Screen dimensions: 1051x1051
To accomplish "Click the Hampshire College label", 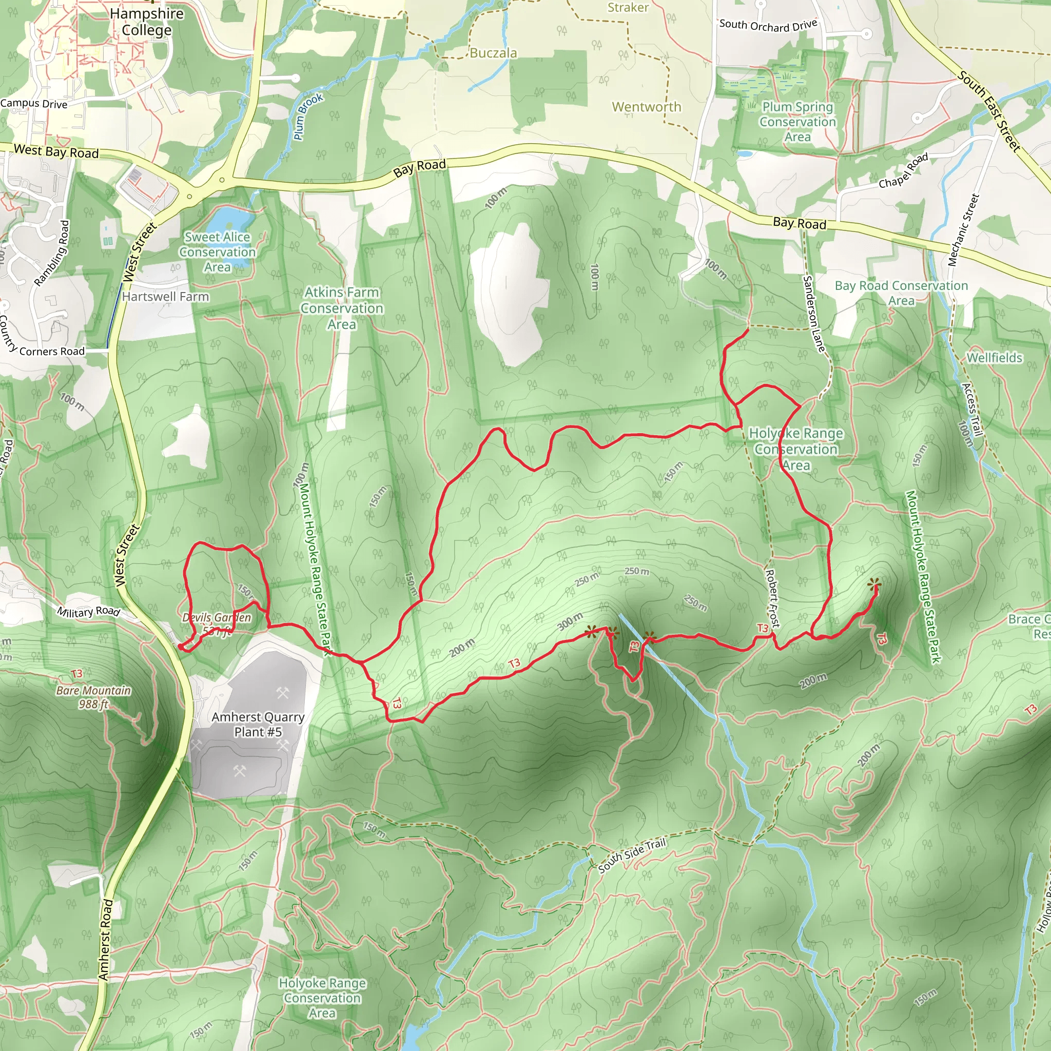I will click(146, 22).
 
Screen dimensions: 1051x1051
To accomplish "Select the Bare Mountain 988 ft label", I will click(93, 697).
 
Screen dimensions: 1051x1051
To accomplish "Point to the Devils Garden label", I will click(217, 617).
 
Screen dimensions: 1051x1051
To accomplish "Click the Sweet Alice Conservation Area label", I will click(218, 252).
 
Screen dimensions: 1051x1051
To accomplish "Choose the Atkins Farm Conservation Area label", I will click(342, 308).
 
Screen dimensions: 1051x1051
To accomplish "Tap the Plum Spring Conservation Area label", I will click(797, 122).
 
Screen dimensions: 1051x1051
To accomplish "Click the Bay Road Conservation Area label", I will click(901, 293).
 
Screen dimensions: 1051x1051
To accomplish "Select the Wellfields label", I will click(994, 357).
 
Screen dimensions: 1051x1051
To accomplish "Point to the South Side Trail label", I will click(632, 855).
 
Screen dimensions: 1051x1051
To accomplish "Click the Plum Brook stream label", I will click(308, 116).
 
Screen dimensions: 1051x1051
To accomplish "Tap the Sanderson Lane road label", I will click(814, 314).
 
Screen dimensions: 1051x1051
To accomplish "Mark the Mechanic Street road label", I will click(963, 230).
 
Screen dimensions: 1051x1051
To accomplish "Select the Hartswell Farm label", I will click(165, 297).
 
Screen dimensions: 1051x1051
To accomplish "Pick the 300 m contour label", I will click(570, 621).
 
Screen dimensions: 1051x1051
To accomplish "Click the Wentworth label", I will click(646, 107).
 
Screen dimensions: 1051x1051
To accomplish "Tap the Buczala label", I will click(493, 53).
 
